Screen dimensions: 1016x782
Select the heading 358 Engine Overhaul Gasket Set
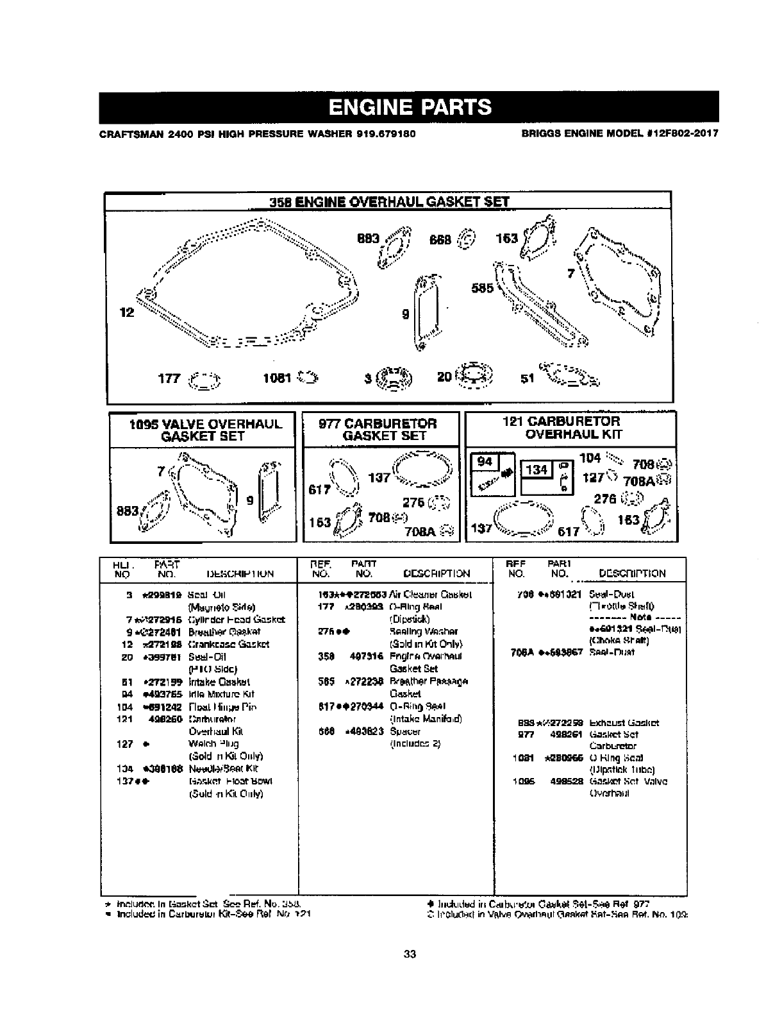pos(389,201)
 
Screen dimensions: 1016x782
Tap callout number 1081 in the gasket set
pos(277,378)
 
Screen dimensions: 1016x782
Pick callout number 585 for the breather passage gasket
pos(482,288)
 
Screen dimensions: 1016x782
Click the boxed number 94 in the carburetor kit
pos(485,462)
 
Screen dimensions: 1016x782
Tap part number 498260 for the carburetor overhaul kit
pos(163,719)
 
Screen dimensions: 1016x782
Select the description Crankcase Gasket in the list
pos(228,644)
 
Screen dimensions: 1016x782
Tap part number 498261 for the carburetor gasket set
pos(565,734)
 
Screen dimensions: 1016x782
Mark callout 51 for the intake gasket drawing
pos(527,378)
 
